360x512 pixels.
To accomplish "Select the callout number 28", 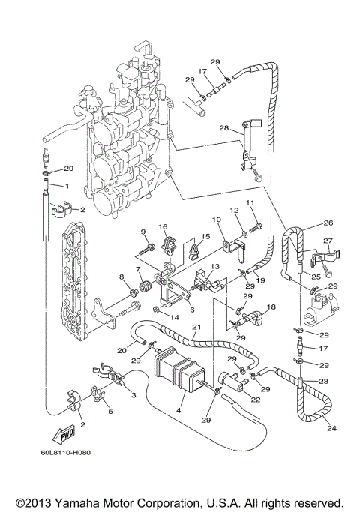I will [224, 129].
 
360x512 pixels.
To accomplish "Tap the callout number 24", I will [331, 430].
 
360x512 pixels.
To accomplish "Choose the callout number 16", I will [162, 226].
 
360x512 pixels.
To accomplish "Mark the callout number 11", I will [251, 203].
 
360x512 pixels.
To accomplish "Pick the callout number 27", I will [327, 241].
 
